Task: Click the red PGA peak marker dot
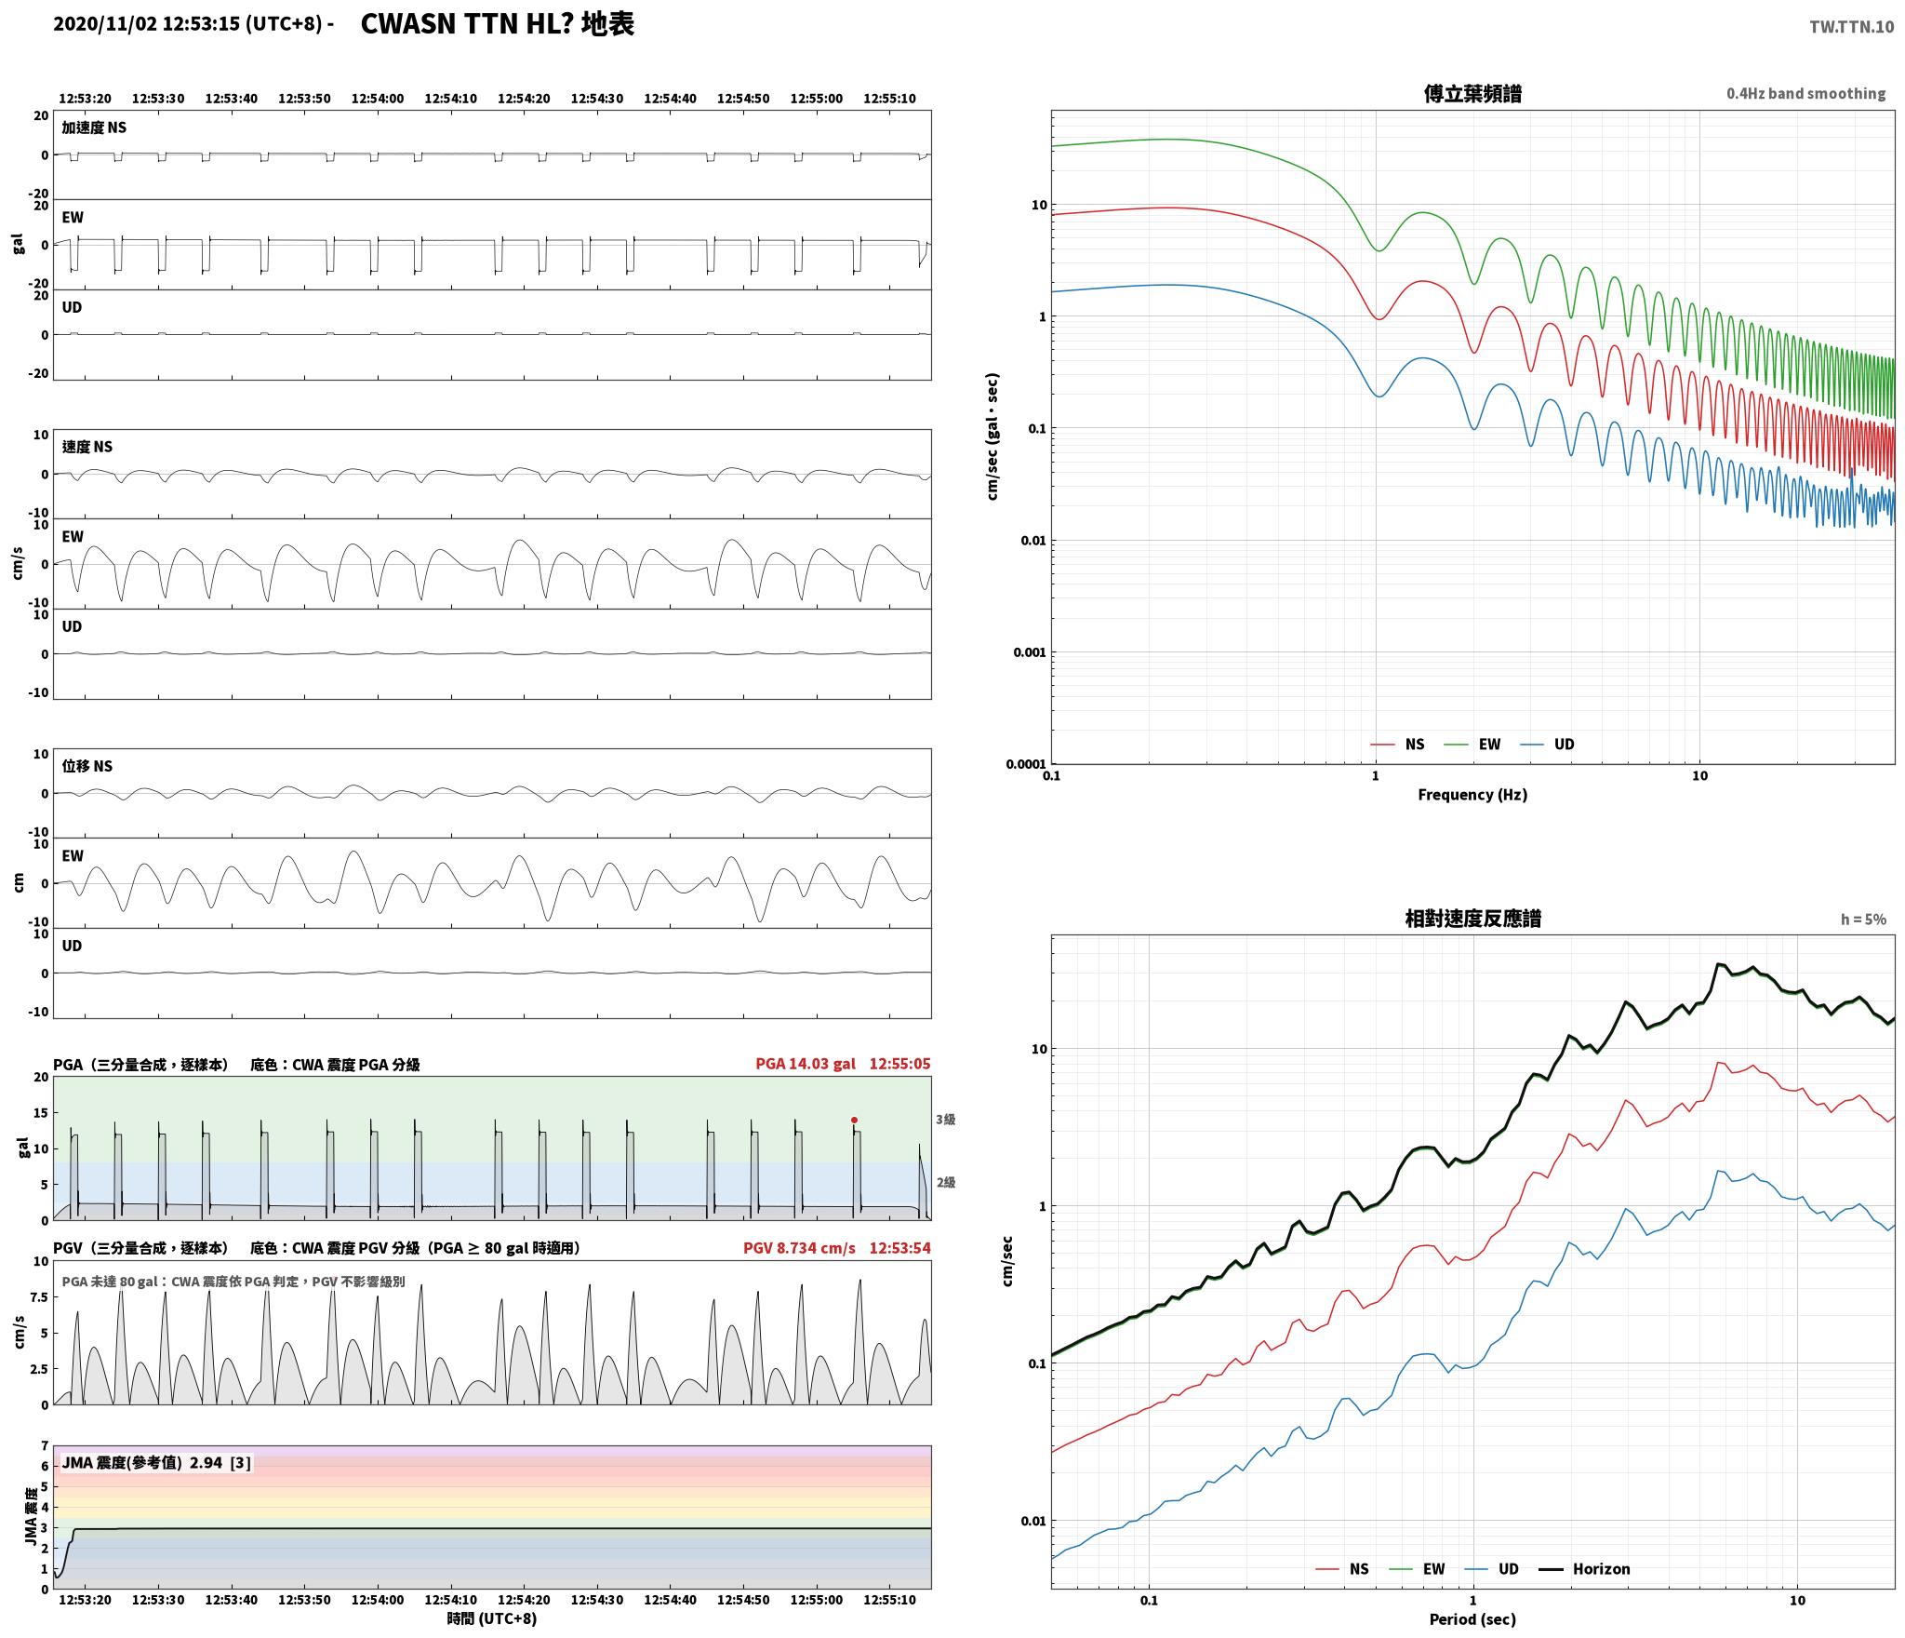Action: tap(854, 1120)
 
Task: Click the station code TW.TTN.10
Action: tap(1851, 26)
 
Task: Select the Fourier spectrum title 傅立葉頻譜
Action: tap(1472, 93)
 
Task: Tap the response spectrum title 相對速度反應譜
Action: tap(1472, 919)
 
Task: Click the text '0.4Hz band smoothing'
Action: tap(1805, 93)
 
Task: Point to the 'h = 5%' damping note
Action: tap(1863, 920)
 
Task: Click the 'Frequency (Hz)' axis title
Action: tap(1472, 794)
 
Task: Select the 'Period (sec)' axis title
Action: tap(1472, 1619)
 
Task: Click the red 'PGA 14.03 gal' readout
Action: tap(806, 1064)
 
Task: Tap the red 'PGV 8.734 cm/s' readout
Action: tap(799, 1248)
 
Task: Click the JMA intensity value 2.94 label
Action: tap(206, 1463)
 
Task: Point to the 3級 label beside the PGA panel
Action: tap(945, 1120)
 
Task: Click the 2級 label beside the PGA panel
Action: tap(945, 1183)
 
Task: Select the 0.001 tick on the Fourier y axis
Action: tap(1029, 652)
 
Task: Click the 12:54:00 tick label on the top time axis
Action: tap(378, 99)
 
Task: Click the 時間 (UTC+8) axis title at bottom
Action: tap(491, 1618)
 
